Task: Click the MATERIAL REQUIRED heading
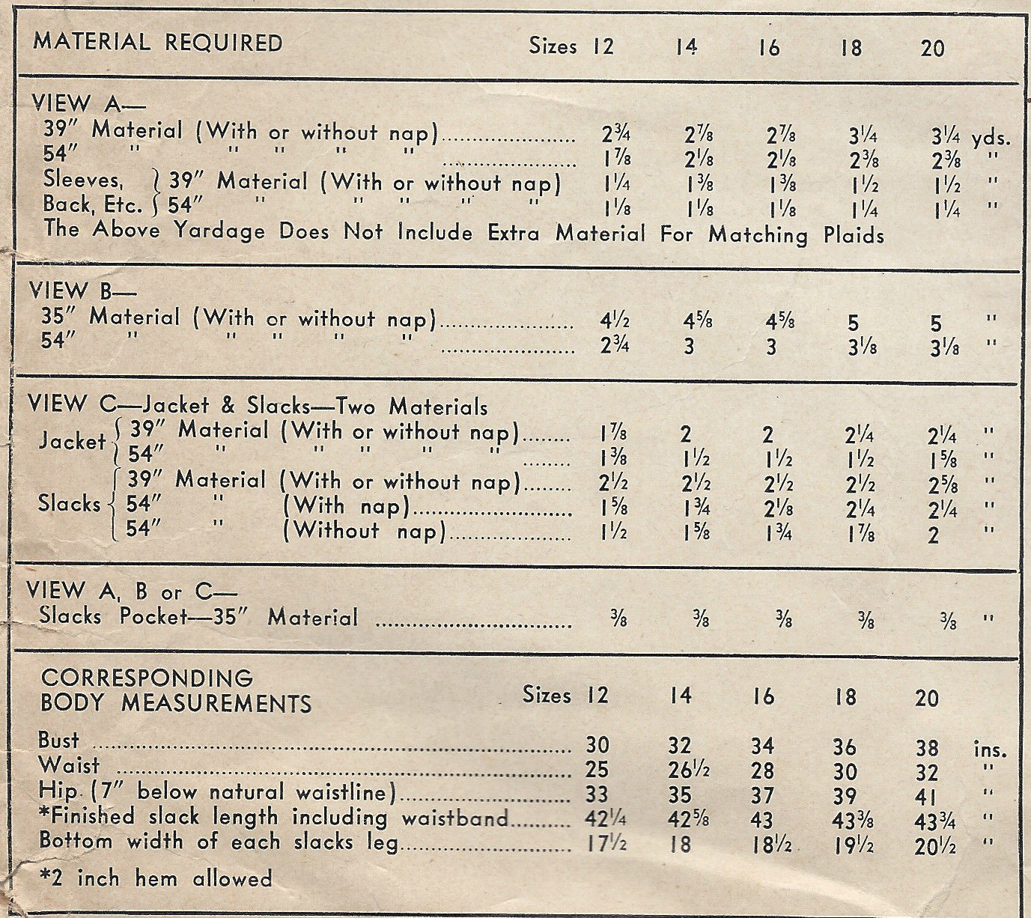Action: pos(158,42)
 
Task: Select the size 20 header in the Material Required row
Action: pos(932,48)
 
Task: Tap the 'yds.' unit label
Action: pos(991,139)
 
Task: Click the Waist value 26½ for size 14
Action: pos(686,771)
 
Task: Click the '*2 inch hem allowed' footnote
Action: pos(155,878)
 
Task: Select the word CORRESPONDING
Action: pos(147,678)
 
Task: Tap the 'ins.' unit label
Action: pos(990,750)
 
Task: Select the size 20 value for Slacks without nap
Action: pos(931,536)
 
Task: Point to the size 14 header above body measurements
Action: pos(681,696)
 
